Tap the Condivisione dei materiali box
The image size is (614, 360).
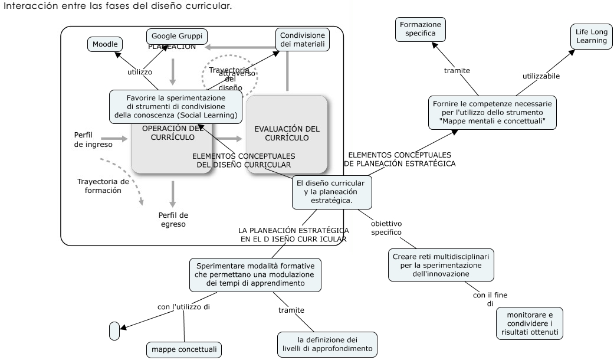(x=301, y=40)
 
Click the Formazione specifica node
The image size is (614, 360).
(x=421, y=29)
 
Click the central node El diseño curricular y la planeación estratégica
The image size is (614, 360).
(x=332, y=192)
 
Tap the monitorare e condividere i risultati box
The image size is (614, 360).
(x=529, y=323)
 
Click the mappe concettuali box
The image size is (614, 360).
(x=184, y=350)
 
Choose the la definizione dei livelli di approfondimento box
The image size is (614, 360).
(x=327, y=343)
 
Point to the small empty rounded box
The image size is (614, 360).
(x=114, y=331)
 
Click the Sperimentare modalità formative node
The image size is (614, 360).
(x=255, y=274)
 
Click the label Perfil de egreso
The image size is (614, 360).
(x=173, y=219)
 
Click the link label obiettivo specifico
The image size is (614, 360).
(x=386, y=228)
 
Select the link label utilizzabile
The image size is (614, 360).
(x=541, y=76)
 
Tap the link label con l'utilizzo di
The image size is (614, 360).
(x=184, y=306)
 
